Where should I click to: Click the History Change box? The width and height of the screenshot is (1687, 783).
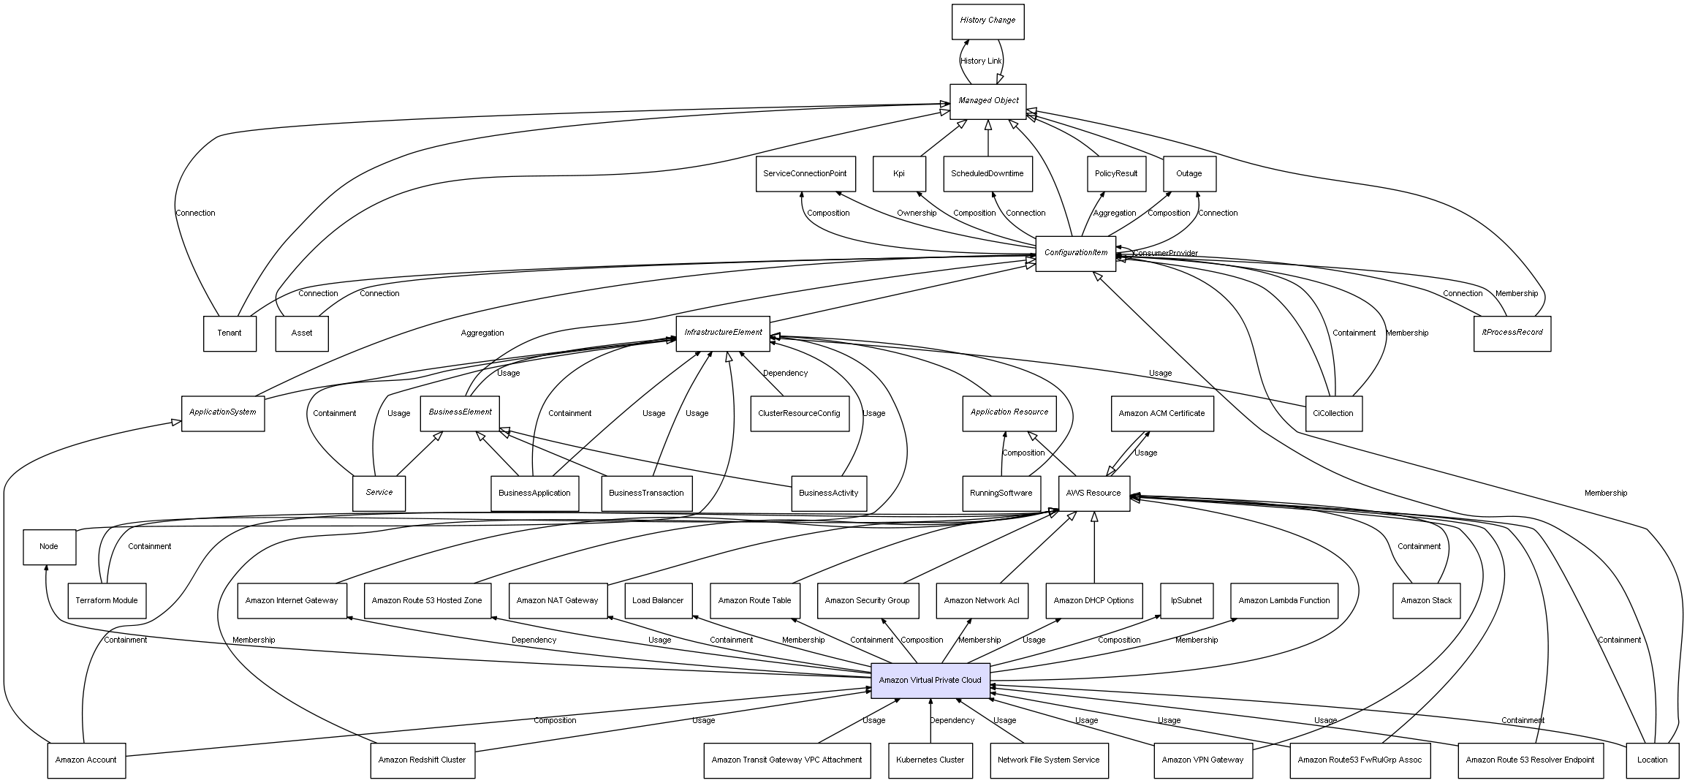[987, 21]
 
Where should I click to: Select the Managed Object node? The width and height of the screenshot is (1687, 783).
[987, 101]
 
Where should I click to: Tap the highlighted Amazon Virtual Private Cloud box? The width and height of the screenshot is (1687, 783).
[930, 681]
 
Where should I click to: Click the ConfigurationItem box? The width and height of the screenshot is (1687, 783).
[1075, 253]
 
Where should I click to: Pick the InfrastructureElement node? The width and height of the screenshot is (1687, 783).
[723, 333]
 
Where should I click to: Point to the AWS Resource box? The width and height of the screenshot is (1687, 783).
[1093, 493]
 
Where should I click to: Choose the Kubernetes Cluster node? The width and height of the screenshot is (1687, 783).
[930, 760]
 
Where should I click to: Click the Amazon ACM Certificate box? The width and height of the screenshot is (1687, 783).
[1161, 414]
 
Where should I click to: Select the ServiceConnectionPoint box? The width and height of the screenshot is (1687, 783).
[805, 174]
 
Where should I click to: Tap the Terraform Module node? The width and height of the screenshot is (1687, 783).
[107, 601]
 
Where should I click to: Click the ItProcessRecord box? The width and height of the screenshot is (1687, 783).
[1512, 333]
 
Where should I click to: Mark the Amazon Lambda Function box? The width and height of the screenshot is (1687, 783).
[1284, 601]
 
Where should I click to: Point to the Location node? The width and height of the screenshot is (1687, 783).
[1652, 760]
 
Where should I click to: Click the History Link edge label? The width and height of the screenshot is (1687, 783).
[981, 61]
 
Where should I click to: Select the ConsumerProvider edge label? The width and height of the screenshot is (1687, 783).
[1165, 254]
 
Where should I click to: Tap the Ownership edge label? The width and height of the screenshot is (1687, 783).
[917, 213]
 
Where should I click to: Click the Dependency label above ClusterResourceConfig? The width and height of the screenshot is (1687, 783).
[785, 374]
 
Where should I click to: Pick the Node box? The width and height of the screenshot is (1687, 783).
[49, 547]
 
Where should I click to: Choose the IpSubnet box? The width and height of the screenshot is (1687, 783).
[1186, 601]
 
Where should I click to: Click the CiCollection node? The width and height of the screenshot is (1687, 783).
[1333, 414]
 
